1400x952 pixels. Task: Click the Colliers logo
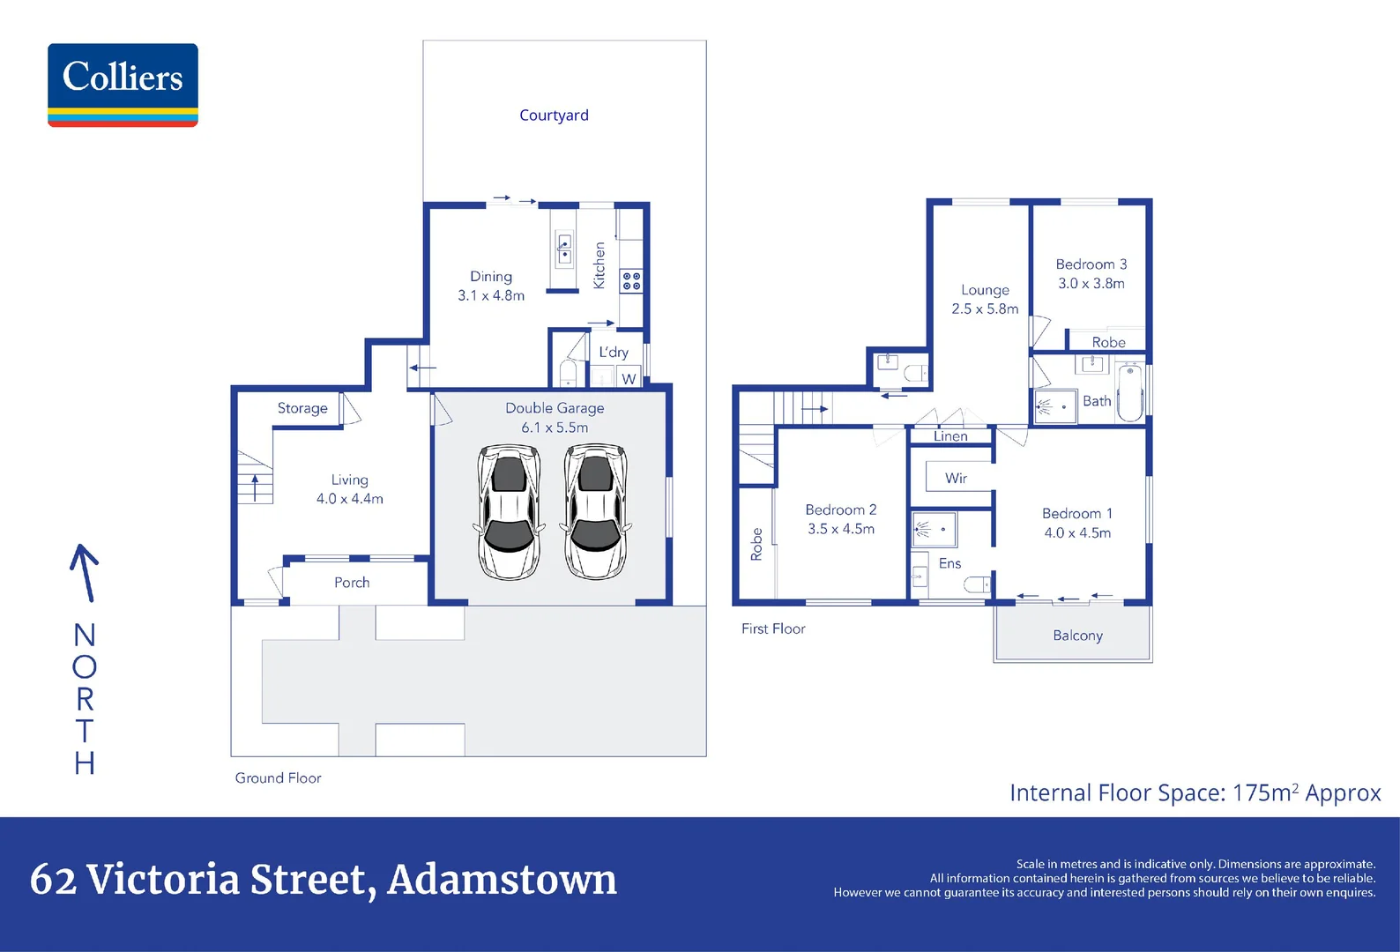click(123, 85)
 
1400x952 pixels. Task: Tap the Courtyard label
click(554, 115)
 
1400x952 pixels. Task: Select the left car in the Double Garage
click(509, 511)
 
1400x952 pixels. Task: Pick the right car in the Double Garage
click(596, 511)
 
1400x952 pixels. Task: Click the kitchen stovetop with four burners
click(631, 281)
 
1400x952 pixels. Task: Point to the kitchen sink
click(564, 249)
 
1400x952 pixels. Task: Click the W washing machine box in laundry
click(629, 379)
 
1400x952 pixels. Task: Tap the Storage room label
click(302, 408)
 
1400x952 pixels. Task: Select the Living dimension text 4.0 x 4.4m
click(350, 499)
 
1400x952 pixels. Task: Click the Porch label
click(352, 583)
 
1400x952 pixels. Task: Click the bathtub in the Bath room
click(1129, 393)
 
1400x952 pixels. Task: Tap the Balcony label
click(1077, 636)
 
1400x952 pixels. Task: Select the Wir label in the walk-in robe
click(956, 479)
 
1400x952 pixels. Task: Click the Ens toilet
click(977, 584)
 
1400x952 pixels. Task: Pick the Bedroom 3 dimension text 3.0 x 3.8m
click(1091, 284)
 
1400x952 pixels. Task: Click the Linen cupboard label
click(950, 436)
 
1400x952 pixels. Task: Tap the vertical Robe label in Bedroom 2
click(756, 544)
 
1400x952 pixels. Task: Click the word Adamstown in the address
click(502, 880)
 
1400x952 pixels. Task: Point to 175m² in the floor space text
click(1265, 793)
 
